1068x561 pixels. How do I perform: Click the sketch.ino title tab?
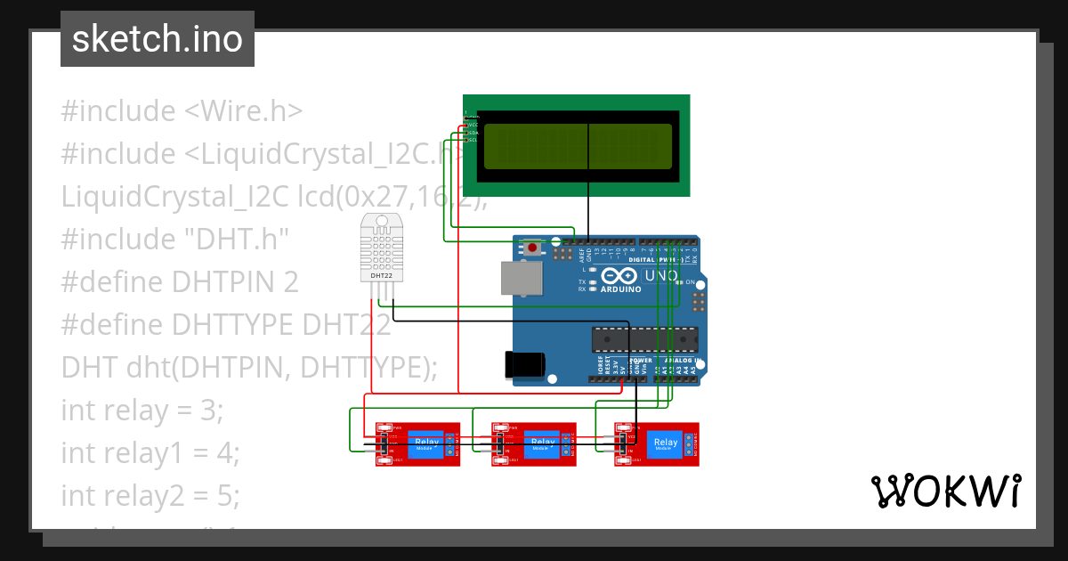(x=158, y=39)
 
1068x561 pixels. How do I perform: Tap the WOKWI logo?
(x=945, y=491)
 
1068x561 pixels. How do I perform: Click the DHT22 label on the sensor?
(x=382, y=276)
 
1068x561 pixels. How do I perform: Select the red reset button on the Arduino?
(x=532, y=248)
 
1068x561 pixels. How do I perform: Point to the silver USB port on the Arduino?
(x=521, y=278)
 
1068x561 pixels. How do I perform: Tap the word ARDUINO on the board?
(x=620, y=289)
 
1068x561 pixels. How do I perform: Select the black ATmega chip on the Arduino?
(x=644, y=340)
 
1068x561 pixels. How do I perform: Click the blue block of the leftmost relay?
(x=427, y=444)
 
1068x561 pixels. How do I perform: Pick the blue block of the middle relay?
(x=542, y=444)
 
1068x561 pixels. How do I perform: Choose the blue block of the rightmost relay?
(x=665, y=444)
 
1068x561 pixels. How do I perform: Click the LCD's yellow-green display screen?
(x=577, y=145)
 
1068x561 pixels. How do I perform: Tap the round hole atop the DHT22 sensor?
(x=382, y=220)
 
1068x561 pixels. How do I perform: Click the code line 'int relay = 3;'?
(x=142, y=411)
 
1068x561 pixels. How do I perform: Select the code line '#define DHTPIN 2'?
(x=180, y=282)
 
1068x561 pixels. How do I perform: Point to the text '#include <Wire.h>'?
(x=182, y=111)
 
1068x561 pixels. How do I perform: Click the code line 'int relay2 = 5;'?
(x=150, y=496)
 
